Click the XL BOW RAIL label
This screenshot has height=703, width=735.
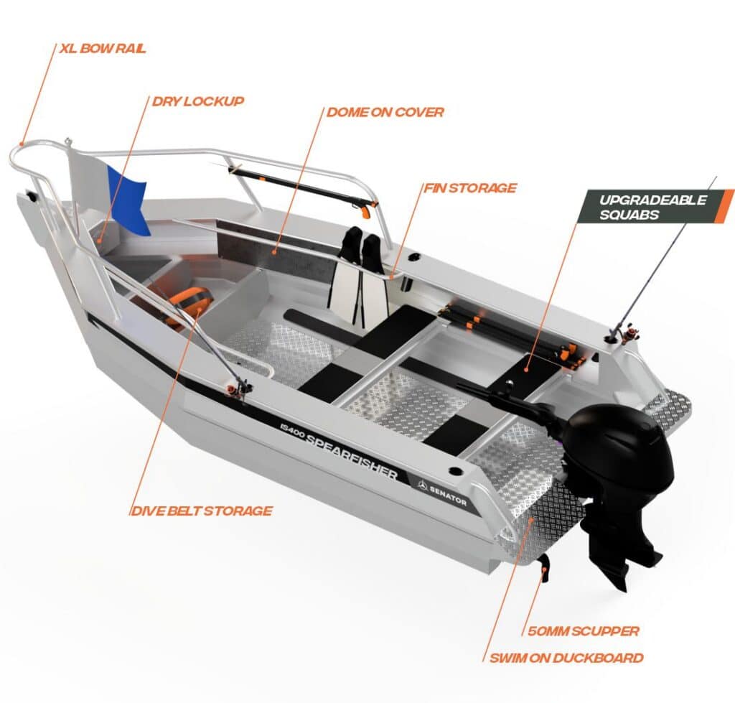point(103,48)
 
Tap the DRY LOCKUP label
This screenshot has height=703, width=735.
point(198,101)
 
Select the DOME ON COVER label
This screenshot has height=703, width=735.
point(385,112)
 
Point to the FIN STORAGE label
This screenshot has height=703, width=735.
point(470,188)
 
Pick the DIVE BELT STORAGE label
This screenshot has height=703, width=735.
point(202,511)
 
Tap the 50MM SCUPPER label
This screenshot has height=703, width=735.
point(583,630)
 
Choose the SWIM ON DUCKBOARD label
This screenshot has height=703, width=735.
point(566,658)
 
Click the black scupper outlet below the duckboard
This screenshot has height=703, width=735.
point(544,568)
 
